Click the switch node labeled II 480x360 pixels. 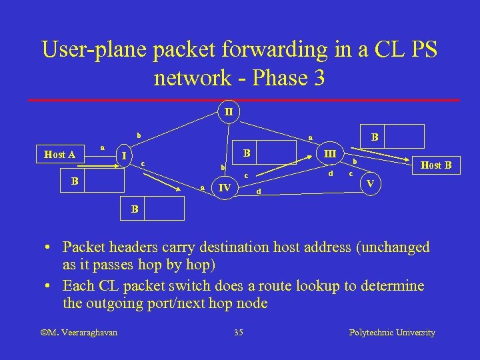[228, 111]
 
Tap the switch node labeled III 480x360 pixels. [329, 153]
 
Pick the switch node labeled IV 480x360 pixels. [225, 188]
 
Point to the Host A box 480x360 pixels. [59, 155]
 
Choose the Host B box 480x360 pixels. [437, 165]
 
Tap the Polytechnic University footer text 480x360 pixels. [392, 332]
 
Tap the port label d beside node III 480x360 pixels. [330, 175]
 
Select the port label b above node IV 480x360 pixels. [224, 167]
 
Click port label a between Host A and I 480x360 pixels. [102, 147]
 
